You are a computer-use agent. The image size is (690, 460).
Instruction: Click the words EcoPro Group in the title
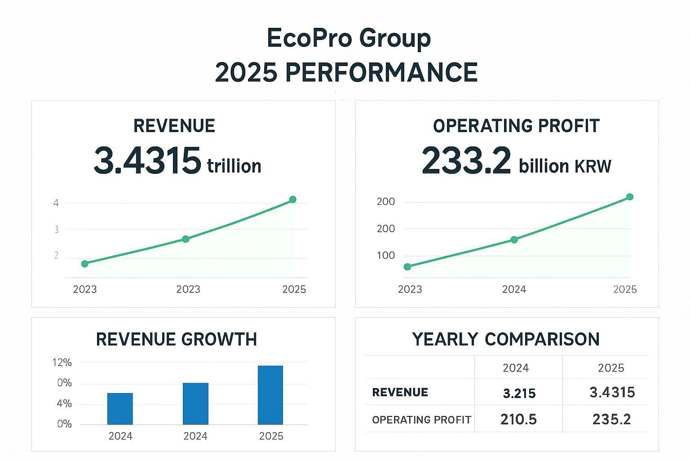pos(349,38)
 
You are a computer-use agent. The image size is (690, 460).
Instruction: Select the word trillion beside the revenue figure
pos(234,166)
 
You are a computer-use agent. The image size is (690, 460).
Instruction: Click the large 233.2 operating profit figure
pos(466,161)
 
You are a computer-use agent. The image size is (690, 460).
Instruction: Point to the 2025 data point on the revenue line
pos(293,199)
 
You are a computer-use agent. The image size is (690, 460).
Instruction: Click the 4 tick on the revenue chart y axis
pos(56,203)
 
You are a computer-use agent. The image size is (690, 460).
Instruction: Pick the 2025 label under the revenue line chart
pos(294,289)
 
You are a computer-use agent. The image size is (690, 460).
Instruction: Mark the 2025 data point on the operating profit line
pos(629,197)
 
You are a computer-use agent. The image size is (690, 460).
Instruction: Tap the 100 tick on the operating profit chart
pos(386,256)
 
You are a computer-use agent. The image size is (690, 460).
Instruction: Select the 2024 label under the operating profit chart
pos(514,289)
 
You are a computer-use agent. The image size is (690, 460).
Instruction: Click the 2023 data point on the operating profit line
pos(407,267)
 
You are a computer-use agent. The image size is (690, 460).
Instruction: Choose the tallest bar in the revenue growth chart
pos(270,395)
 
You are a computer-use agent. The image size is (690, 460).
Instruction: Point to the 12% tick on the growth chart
pos(62,363)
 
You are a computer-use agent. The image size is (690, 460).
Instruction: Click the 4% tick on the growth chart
pos(64,403)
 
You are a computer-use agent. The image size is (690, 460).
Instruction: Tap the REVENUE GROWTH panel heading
pos(177,339)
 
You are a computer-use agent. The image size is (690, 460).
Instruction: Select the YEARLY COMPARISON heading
pos(506,339)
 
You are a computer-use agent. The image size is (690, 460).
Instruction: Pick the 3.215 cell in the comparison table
pos(519,394)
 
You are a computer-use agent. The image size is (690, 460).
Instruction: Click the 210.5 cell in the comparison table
pos(518,420)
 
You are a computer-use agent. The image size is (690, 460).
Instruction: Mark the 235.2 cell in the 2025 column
pos(611,420)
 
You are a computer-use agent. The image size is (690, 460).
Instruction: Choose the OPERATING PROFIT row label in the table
pos(421,420)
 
